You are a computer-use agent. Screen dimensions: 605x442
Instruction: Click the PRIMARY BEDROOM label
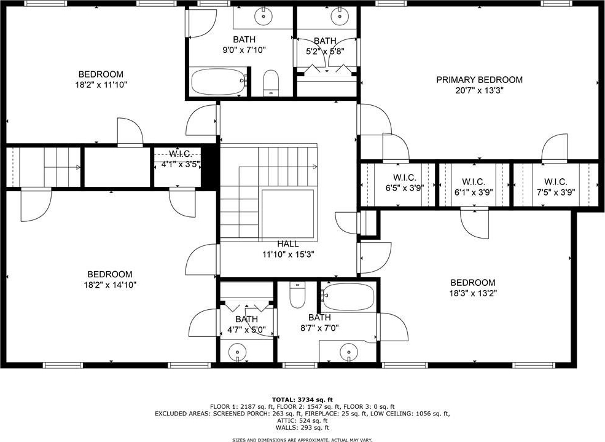[x=479, y=80]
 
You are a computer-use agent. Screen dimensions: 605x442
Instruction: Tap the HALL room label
[x=288, y=244]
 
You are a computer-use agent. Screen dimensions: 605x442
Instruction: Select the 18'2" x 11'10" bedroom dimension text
[x=101, y=85]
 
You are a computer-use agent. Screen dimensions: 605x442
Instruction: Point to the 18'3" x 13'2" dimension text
[x=473, y=293]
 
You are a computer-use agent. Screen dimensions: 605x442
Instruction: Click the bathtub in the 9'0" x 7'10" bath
[x=218, y=81]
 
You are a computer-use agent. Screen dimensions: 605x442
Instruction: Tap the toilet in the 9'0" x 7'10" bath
[x=270, y=82]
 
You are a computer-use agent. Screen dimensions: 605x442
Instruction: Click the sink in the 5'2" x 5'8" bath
[x=340, y=16]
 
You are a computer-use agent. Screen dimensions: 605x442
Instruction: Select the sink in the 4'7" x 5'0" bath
[x=237, y=352]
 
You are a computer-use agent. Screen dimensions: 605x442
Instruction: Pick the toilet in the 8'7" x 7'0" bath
[x=297, y=295]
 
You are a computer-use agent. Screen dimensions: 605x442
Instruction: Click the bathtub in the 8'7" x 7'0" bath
[x=348, y=297]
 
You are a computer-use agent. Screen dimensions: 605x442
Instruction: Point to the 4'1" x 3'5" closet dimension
[x=181, y=164]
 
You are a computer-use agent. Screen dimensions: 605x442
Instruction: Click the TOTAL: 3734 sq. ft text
[x=302, y=400]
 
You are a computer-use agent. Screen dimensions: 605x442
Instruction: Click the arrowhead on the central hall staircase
[x=315, y=167]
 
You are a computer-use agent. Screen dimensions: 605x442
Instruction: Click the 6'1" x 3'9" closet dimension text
[x=474, y=192]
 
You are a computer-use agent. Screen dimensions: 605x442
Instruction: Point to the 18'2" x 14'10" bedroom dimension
[x=110, y=285]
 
